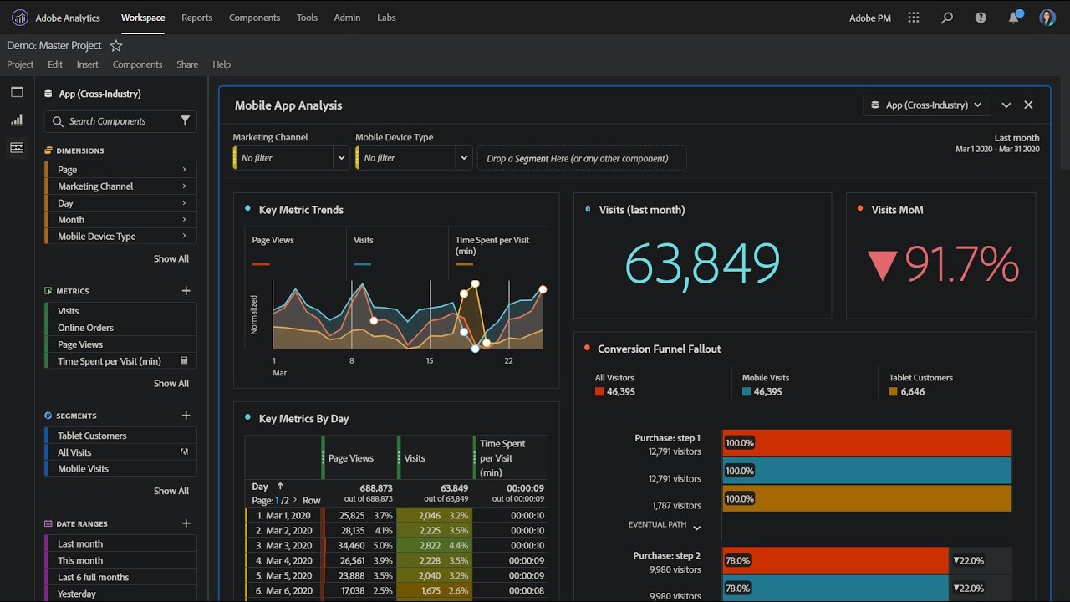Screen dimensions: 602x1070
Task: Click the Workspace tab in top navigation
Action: click(x=143, y=18)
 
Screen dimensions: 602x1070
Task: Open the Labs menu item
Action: click(x=386, y=18)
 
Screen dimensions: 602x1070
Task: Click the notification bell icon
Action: click(x=1013, y=18)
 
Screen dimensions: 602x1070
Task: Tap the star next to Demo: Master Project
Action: click(x=116, y=46)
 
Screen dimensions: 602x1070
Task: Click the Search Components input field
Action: click(x=117, y=121)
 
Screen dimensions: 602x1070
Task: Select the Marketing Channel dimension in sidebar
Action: click(x=95, y=186)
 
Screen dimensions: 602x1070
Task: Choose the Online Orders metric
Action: click(x=85, y=328)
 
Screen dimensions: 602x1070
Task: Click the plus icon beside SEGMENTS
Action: click(x=186, y=416)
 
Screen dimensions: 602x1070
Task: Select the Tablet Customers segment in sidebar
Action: click(x=92, y=436)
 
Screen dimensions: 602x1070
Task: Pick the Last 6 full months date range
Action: click(x=93, y=577)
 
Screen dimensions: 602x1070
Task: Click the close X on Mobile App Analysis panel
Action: click(x=1028, y=105)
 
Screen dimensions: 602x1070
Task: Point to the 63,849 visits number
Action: click(x=702, y=264)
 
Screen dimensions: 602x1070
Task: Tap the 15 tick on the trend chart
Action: click(x=430, y=360)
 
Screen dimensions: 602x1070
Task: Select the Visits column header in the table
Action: click(x=415, y=458)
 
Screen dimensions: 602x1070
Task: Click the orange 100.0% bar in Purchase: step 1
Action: click(x=866, y=498)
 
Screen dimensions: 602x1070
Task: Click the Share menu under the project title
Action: click(x=187, y=64)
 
